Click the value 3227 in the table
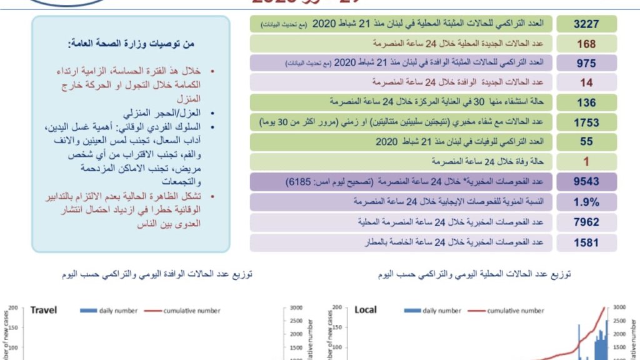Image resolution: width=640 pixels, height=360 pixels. [586, 24]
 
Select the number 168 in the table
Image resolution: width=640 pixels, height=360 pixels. [586, 44]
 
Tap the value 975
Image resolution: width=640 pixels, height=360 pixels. [586, 63]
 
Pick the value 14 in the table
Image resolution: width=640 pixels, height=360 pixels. [586, 82]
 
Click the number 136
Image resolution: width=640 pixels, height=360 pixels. [586, 102]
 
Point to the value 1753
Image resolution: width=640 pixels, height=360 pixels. [586, 122]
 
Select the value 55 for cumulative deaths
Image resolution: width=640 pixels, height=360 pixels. [586, 142]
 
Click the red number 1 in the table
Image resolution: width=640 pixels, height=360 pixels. [586, 161]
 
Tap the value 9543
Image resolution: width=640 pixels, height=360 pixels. [586, 182]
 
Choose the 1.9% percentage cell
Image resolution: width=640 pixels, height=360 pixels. [586, 202]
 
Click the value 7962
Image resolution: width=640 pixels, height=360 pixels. [586, 222]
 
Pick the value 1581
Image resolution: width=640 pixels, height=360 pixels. [586, 242]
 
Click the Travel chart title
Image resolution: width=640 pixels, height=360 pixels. [44, 310]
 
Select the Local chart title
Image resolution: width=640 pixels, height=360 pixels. [366, 310]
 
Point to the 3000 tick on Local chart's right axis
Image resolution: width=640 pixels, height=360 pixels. [618, 307]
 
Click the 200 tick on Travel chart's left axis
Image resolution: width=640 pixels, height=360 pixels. [12, 307]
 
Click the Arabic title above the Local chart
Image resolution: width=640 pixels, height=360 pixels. [474, 274]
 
